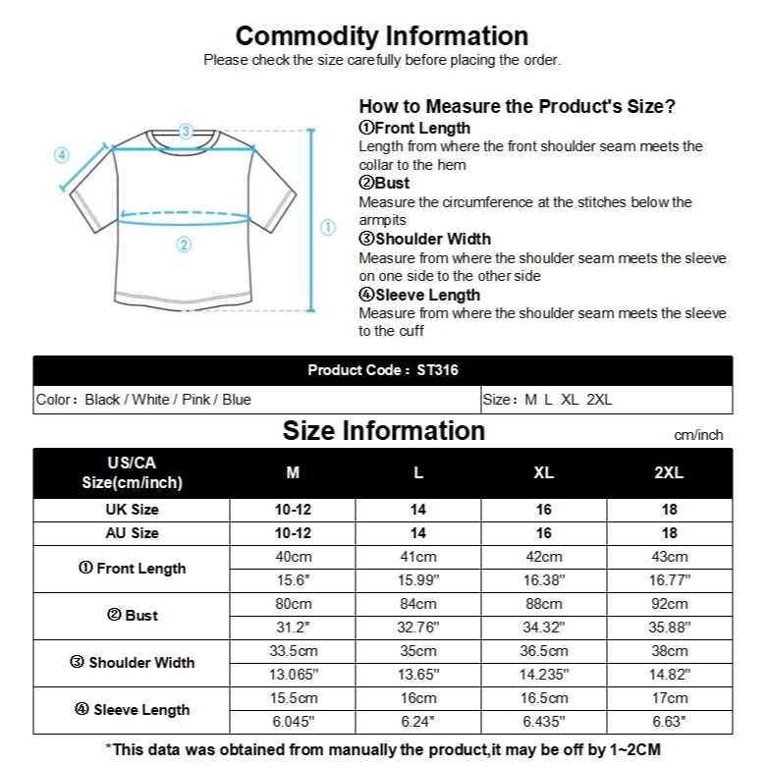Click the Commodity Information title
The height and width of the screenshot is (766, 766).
click(x=382, y=36)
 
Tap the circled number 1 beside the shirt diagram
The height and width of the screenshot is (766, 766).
click(x=329, y=228)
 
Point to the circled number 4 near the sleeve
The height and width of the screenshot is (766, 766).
click(x=61, y=154)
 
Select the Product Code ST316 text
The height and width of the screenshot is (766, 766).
click(x=383, y=370)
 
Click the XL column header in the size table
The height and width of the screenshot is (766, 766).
click(x=543, y=472)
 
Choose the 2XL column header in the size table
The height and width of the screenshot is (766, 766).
click(x=669, y=472)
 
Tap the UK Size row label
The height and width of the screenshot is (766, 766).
click(x=132, y=510)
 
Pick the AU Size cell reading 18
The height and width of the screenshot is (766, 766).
click(x=669, y=533)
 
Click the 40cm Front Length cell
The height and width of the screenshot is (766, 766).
click(x=292, y=557)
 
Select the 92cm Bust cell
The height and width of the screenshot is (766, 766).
click(x=669, y=604)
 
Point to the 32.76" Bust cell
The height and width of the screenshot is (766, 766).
click(x=418, y=628)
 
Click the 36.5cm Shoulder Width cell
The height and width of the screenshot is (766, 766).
click(x=543, y=651)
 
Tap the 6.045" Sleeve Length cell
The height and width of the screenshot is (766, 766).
click(x=292, y=722)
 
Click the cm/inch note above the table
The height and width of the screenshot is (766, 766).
click(x=698, y=434)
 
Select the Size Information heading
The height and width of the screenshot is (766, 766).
click(x=383, y=431)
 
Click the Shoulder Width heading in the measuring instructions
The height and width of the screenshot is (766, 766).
click(x=425, y=239)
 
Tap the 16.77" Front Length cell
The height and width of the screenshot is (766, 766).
click(x=669, y=580)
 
